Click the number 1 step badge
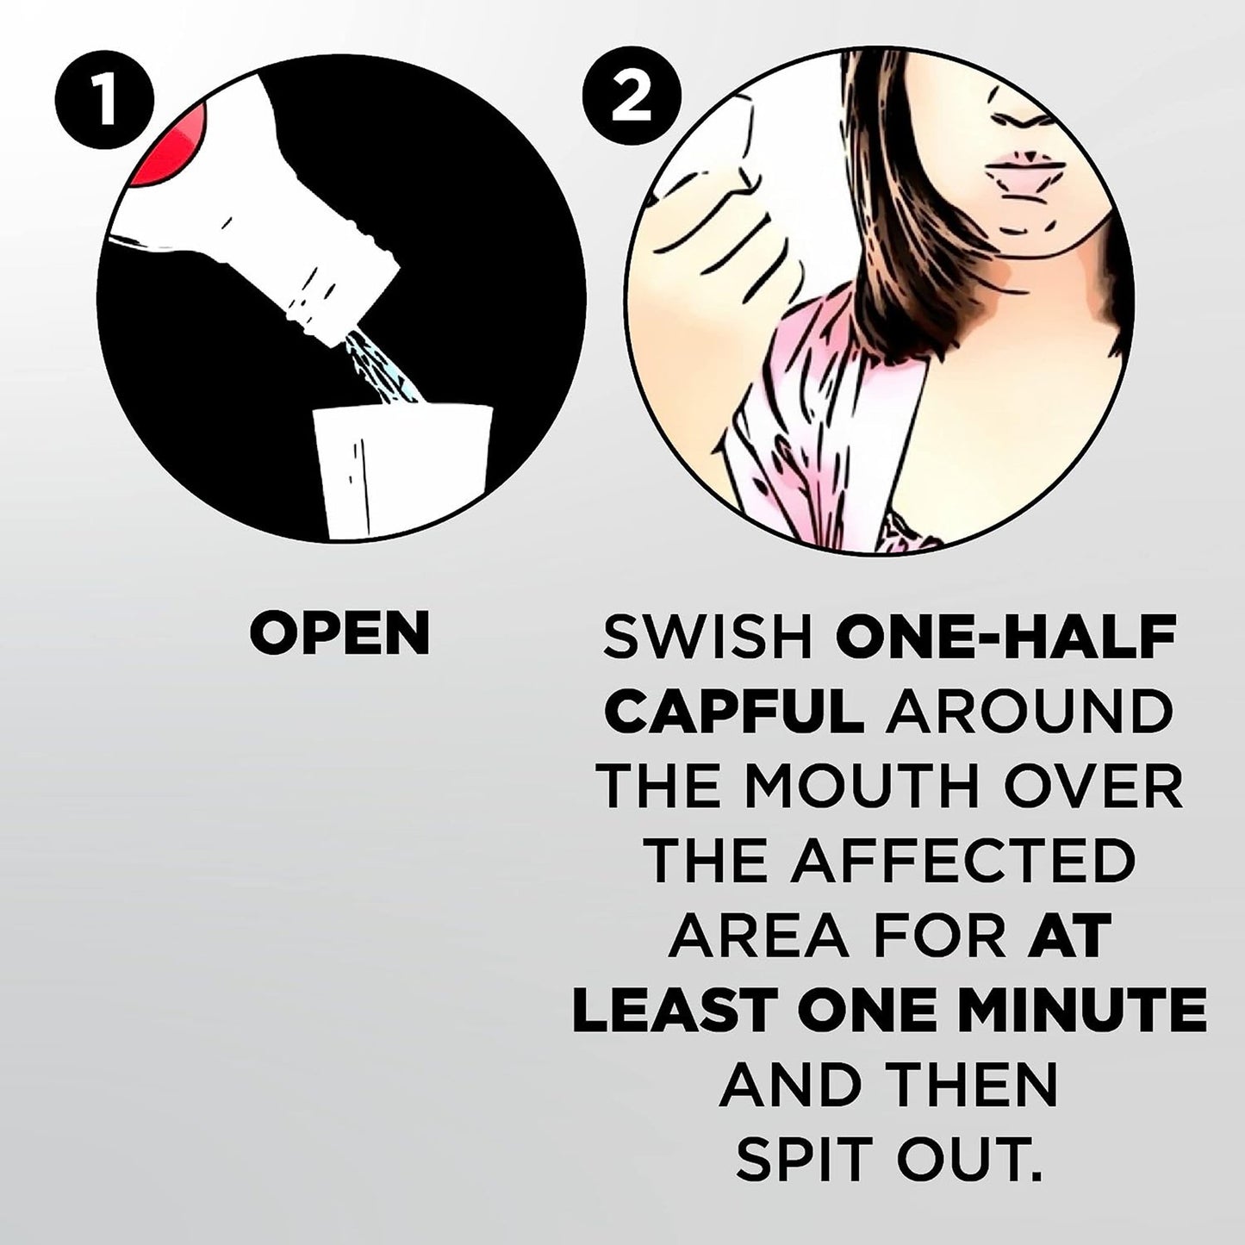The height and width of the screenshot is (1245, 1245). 105,103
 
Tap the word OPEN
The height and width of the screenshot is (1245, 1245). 339,632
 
